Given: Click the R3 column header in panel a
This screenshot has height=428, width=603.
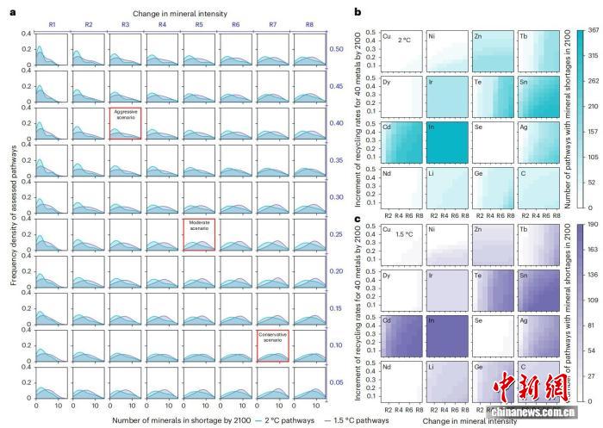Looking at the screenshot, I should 125,24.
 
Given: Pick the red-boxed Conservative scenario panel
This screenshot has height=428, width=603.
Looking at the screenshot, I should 272,347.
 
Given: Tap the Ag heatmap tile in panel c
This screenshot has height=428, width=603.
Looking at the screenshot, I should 539,334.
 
